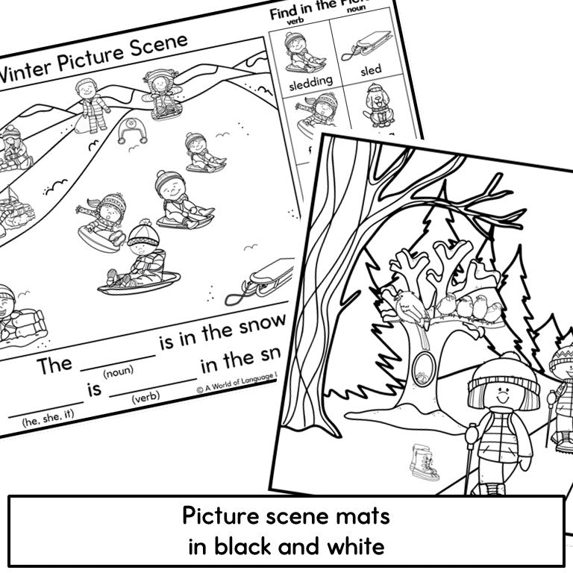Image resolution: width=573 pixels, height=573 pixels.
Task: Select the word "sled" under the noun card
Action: pos(371,69)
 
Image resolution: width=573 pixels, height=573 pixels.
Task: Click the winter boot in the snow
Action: pos(424,460)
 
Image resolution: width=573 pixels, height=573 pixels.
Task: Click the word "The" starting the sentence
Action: pos(55,365)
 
